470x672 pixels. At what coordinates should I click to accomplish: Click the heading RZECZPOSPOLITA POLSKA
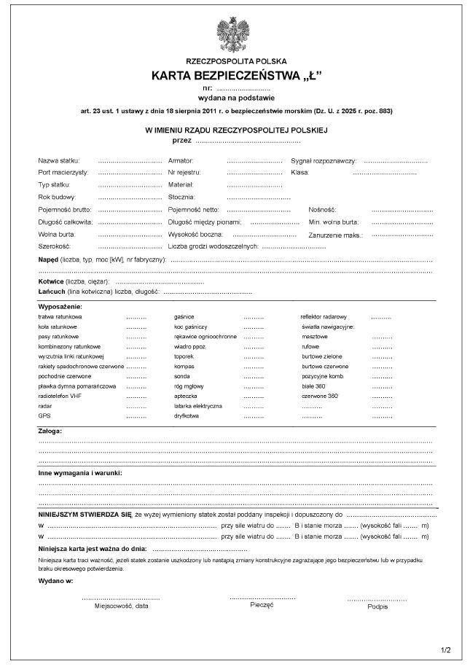point(236,63)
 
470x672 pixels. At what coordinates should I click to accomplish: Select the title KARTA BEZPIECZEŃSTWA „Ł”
point(236,76)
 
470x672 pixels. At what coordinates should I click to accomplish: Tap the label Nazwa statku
point(59,160)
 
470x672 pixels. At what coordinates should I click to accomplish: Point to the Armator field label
point(181,160)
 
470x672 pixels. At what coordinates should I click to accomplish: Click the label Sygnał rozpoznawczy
point(323,160)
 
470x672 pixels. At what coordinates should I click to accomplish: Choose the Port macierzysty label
point(63,172)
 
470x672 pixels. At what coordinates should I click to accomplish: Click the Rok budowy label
point(57,197)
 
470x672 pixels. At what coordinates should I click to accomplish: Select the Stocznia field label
point(182,197)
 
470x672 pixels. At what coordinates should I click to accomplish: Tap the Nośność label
point(321,209)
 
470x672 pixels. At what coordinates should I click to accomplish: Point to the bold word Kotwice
point(52,281)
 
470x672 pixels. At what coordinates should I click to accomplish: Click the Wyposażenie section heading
point(60,307)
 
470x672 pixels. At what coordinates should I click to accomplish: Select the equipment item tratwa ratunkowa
point(60,318)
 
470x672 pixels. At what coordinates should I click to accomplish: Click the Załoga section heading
point(50,431)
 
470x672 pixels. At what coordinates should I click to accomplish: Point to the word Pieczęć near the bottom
point(262,604)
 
